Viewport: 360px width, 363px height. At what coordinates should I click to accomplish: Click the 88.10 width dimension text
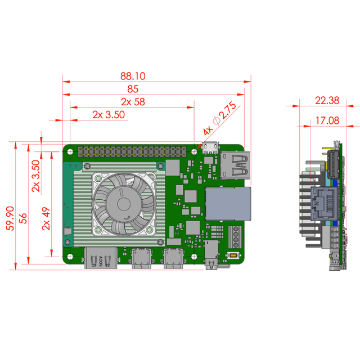(x=133, y=75)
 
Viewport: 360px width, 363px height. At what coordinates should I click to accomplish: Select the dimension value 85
(x=133, y=89)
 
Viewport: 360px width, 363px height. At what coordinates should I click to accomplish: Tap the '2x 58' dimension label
(x=133, y=102)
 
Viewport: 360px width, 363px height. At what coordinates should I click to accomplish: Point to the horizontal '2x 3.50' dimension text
(x=107, y=115)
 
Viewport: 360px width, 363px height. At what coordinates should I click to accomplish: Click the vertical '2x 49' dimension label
(x=46, y=218)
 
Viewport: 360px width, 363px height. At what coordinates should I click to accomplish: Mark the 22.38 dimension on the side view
(x=327, y=101)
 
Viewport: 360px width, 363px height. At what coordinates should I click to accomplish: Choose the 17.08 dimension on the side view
(x=327, y=120)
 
